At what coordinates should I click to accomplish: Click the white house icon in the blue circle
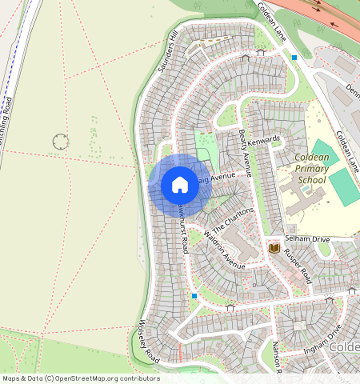180,185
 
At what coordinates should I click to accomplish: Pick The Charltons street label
233,220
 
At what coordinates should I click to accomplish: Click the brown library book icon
274,249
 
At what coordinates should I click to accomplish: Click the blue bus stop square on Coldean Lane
294,57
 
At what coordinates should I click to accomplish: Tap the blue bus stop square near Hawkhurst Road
194,296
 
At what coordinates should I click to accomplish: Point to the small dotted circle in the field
60,142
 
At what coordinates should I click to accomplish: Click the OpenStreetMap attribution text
81,378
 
